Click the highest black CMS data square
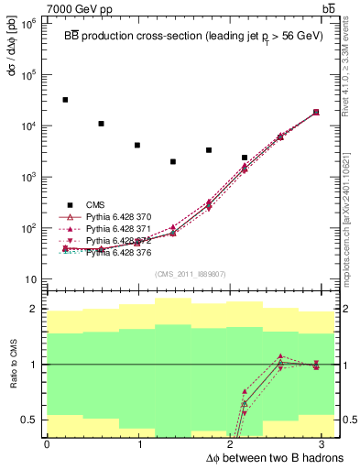65,100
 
